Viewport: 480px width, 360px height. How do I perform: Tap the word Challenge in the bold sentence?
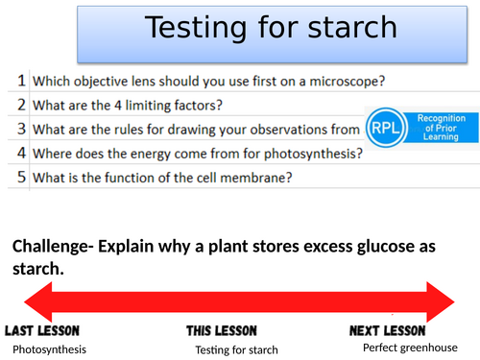51,247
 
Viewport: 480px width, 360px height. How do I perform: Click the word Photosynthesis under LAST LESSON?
50,348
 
